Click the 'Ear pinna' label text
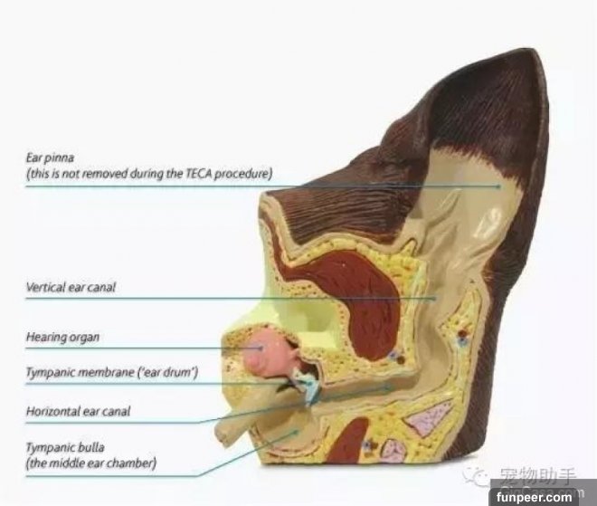(50, 158)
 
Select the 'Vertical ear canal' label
(71, 287)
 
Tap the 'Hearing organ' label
(62, 338)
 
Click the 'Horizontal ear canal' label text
(78, 411)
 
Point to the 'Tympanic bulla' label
(65, 447)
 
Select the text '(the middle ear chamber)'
(91, 463)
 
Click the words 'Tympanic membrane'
(80, 372)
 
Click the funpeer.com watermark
(535, 497)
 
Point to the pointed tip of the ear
(533, 50)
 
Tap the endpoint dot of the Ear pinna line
(499, 186)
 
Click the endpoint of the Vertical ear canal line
(435, 299)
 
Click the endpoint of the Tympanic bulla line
(297, 432)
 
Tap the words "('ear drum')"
(167, 372)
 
